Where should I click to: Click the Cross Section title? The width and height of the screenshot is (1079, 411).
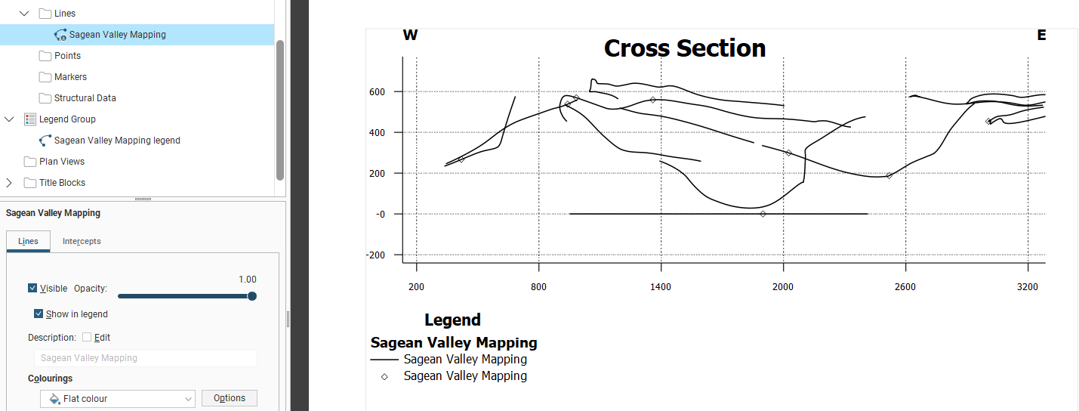684,48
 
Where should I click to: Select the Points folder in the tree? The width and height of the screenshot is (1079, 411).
67,56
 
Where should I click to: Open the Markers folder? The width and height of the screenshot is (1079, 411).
70,77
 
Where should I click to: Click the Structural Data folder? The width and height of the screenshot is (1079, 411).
85,98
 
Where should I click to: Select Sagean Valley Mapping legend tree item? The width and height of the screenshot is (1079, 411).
117,141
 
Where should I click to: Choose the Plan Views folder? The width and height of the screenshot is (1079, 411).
61,162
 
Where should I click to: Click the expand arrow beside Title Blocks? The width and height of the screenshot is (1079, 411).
9,183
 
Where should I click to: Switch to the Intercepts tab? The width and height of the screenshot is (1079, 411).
82,241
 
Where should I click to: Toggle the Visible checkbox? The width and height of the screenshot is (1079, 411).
32,289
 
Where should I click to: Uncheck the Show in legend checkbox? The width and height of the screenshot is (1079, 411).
39,314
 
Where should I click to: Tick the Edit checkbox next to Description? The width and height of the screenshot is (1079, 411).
87,338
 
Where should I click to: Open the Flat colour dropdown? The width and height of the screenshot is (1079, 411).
118,398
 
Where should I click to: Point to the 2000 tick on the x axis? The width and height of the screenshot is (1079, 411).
783,287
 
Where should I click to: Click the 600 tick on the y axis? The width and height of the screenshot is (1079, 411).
376,92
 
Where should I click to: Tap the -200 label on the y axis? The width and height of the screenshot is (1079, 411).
375,255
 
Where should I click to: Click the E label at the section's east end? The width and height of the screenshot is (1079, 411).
1041,35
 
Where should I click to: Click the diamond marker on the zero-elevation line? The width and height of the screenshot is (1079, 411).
763,214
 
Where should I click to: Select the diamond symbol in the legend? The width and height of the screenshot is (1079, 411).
384,376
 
